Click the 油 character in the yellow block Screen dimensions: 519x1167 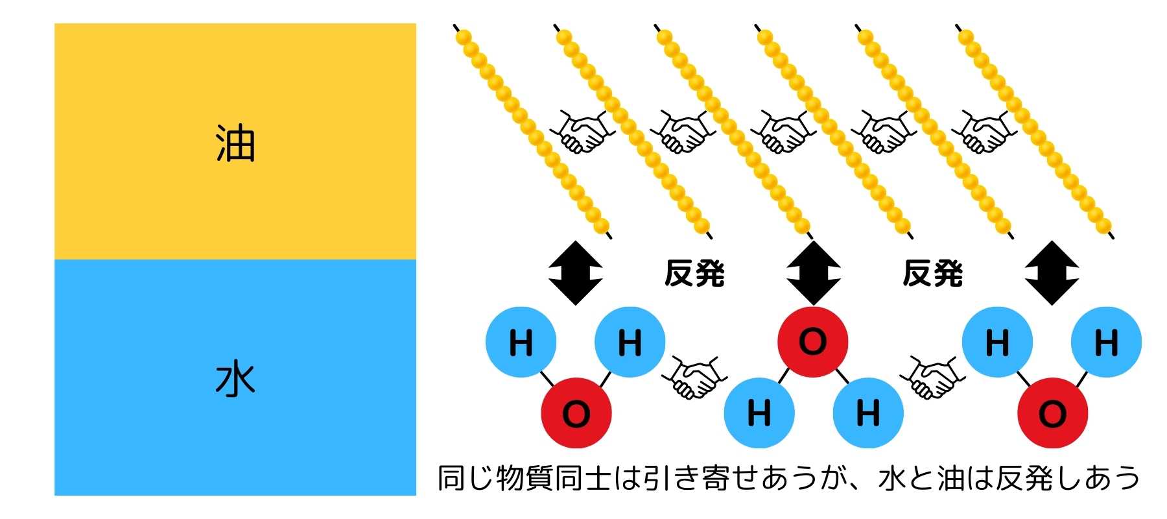tap(235, 143)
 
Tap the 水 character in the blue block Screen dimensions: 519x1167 tap(235, 380)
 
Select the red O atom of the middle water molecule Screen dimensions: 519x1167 tap(812, 342)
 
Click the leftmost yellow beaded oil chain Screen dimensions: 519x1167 tap(532, 130)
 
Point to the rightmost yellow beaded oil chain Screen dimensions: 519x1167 tap(1033, 130)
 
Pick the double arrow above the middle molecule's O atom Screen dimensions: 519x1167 tap(813, 273)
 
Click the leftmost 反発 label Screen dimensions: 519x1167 tap(694, 273)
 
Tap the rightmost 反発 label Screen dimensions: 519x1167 tap(932, 273)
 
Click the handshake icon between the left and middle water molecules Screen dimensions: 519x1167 tap(694, 376)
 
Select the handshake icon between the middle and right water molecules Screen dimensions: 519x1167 tap(932, 376)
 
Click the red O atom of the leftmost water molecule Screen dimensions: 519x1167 tap(576, 413)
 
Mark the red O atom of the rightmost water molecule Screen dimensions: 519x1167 tap(1052, 413)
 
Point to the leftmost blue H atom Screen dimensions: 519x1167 tap(521, 342)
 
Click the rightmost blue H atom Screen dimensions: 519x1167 tap(1106, 342)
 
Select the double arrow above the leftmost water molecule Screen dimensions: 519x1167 tap(576, 273)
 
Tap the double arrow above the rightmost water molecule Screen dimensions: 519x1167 tap(1052, 273)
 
